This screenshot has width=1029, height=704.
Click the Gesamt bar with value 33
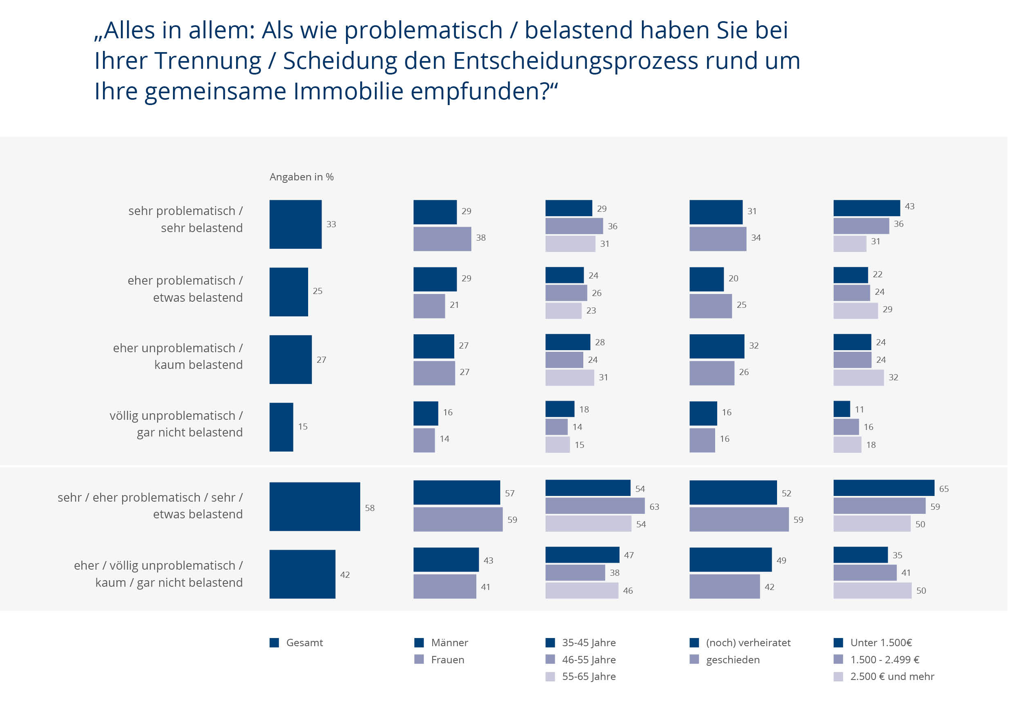pos(296,224)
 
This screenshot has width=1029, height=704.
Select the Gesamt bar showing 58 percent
pos(314,507)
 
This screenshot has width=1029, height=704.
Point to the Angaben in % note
pos(302,177)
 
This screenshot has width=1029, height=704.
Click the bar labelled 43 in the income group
pos(866,208)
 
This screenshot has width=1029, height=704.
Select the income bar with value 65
pos(883,488)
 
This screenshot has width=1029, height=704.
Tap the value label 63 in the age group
pos(654,507)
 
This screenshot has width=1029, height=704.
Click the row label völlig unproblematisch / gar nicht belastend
pos(176,424)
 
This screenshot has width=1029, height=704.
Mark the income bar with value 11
pos(841,409)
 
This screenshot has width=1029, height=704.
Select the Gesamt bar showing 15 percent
pos(281,427)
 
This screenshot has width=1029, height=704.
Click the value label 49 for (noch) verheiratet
pos(781,560)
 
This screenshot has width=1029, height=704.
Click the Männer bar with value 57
pos(457,492)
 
